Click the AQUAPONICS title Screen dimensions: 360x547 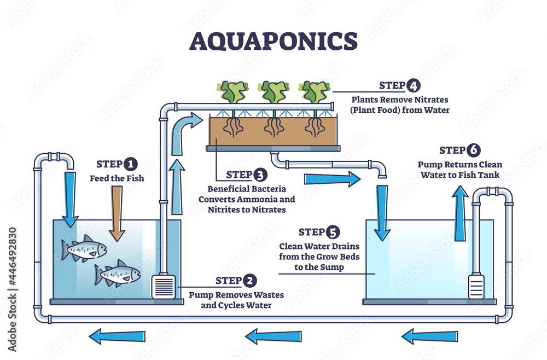273,41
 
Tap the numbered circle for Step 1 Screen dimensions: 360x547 130,164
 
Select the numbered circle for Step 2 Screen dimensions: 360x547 249,281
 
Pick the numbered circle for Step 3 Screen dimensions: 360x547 260,175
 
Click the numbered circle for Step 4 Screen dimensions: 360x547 413,85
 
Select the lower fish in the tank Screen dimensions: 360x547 117,274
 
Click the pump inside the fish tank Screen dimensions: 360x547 163,286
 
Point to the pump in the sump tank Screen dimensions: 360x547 476,286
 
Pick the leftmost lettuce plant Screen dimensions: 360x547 232,92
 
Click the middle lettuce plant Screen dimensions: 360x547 273,92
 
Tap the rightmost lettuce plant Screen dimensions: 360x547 313,92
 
